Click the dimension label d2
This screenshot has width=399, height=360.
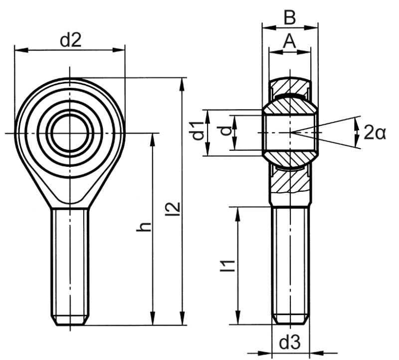[x=70, y=40]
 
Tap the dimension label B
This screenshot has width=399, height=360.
[x=290, y=17]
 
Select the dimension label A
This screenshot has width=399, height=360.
[x=290, y=41]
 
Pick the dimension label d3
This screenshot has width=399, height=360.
[x=290, y=343]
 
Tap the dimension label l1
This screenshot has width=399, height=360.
[x=229, y=265]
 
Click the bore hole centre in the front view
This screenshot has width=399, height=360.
[x=70, y=132]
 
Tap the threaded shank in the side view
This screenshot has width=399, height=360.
[x=290, y=260]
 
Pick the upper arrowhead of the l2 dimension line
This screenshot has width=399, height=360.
[x=183, y=83]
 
